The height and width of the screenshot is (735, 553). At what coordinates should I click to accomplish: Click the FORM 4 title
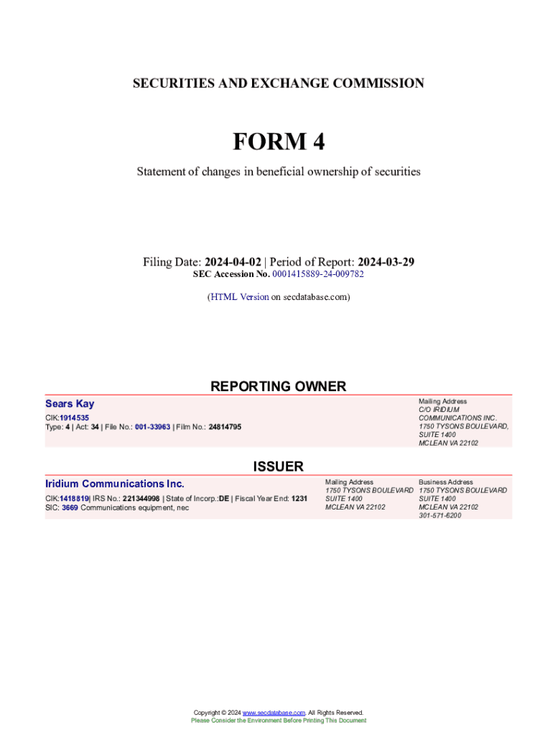click(278, 142)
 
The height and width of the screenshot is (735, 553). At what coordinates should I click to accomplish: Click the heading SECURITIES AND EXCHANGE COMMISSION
click(278, 83)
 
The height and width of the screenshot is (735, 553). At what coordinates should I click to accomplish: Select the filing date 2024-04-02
click(233, 262)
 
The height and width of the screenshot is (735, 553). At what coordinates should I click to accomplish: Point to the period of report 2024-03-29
click(386, 262)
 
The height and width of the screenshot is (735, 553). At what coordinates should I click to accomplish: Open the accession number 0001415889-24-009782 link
click(317, 274)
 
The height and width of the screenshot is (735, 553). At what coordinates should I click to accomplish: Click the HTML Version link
click(239, 296)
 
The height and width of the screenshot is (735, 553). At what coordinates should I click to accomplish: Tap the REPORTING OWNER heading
click(278, 386)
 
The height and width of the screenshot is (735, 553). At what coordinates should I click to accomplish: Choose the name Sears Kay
click(70, 404)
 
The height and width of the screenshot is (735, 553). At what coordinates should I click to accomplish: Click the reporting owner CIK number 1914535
click(75, 417)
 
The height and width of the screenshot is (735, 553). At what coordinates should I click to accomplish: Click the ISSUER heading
click(278, 467)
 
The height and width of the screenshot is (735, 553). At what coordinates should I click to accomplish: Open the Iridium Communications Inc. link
click(115, 484)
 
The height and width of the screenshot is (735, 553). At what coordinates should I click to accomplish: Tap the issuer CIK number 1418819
click(74, 497)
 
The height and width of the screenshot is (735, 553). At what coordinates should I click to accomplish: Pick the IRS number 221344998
click(141, 497)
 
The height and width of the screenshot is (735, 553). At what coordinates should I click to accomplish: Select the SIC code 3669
click(70, 507)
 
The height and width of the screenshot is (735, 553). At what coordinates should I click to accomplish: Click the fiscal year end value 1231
click(299, 497)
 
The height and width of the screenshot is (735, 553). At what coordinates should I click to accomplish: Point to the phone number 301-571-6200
click(440, 515)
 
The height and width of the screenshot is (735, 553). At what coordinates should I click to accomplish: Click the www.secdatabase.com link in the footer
click(274, 713)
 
